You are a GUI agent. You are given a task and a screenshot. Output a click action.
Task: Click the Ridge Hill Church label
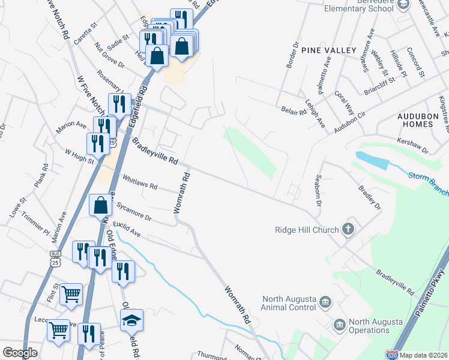(306, 229)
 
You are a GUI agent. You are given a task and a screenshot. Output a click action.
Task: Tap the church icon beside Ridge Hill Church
(348, 229)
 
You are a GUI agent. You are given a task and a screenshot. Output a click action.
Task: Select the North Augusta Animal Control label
(288, 302)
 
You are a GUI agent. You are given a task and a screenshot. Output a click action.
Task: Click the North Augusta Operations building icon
(339, 325)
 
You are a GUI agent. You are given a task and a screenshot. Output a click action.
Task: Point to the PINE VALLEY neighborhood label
(329, 50)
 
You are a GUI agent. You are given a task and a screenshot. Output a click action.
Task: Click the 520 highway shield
(392, 355)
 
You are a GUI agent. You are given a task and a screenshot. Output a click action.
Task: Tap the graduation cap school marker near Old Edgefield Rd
(133, 321)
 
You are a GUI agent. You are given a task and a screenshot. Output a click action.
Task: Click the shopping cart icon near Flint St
(71, 294)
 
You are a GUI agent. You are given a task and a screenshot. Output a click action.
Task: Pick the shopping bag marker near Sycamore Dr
(100, 205)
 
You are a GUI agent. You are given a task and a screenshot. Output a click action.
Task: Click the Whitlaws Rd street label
(139, 182)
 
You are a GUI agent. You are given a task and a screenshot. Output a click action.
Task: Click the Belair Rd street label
(294, 110)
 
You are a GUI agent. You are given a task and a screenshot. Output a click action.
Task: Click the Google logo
(20, 353)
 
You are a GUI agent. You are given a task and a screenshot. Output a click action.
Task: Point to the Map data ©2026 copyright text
(424, 355)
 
